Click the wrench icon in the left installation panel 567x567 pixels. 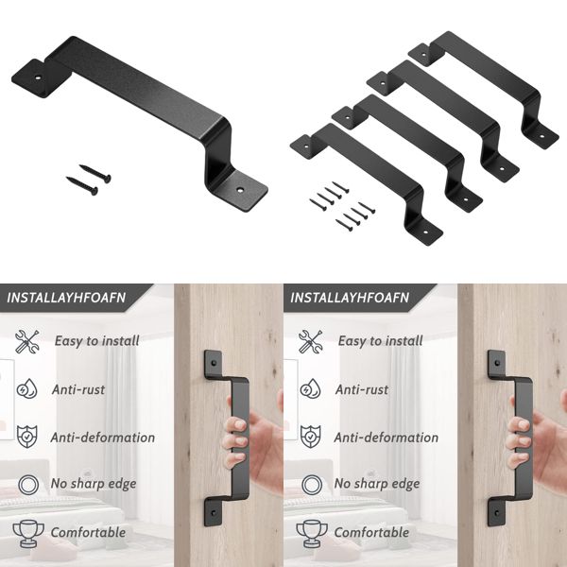click(26, 341)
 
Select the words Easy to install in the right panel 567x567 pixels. click(380, 341)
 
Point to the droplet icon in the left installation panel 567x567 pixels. click(26, 389)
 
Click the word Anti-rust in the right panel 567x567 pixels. click(362, 389)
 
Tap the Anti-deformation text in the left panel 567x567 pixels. click(104, 438)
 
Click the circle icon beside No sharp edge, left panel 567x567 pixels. click(26, 484)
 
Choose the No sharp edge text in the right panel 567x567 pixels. click(377, 484)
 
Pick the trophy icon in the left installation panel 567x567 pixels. click(26, 531)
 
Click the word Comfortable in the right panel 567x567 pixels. click(372, 532)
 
